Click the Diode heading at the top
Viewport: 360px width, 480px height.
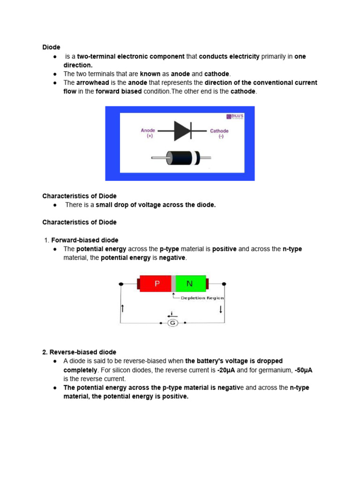(x=51, y=47)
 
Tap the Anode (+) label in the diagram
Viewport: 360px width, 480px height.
(x=148, y=133)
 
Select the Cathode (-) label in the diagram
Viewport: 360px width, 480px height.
(x=219, y=134)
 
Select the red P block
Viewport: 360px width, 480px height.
(x=157, y=284)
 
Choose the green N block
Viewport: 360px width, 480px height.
(x=190, y=284)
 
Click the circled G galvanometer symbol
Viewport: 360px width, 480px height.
(x=172, y=323)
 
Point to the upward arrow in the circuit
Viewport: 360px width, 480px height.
(x=122, y=308)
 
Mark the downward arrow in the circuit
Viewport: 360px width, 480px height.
(x=221, y=310)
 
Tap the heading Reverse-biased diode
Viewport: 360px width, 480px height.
(x=79, y=352)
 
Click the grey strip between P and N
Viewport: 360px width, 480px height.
(x=173, y=284)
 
